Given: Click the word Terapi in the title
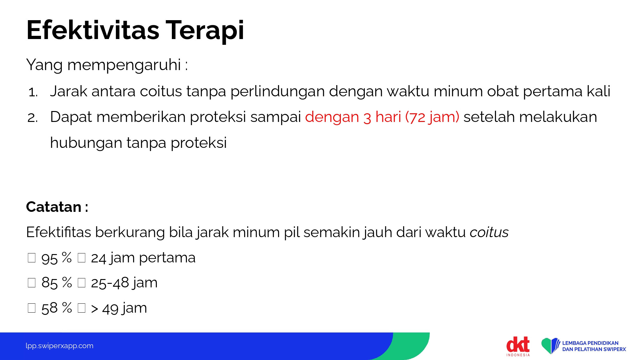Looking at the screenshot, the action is (205, 31).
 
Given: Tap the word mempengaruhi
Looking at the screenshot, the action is (124, 65).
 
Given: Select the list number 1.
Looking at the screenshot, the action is (33, 92).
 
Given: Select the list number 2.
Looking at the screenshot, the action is (33, 118).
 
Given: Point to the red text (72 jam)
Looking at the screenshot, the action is (432, 117).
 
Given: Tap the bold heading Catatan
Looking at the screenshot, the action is (54, 207).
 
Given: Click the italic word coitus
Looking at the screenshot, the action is (489, 232).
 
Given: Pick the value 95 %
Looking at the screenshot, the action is (56, 258).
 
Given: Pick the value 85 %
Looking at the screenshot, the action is (56, 283).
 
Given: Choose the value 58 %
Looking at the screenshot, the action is (56, 308).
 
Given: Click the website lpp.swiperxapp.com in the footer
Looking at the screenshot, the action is (60, 346).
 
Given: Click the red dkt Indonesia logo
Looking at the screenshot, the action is (518, 346).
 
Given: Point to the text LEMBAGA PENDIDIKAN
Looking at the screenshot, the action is (590, 343).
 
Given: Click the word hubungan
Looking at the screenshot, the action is (86, 143).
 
